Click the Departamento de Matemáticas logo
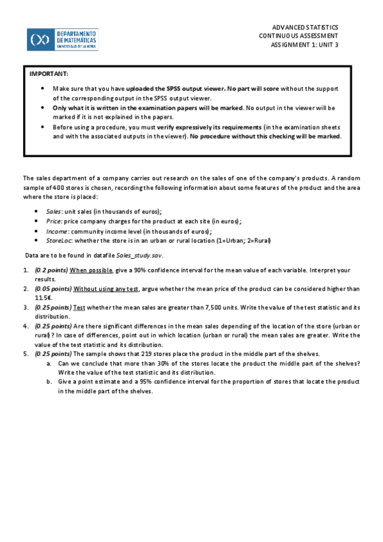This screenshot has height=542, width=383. [x=63, y=39]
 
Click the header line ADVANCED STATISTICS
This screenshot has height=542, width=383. [x=305, y=27]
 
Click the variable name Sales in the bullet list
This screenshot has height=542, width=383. [x=54, y=211]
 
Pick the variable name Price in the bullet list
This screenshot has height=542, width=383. [x=54, y=221]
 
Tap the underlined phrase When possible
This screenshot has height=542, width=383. [x=91, y=270]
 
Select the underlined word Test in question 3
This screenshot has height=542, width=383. [x=80, y=307]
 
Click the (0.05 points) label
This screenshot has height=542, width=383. [x=53, y=289]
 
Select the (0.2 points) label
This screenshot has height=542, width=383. [x=51, y=270]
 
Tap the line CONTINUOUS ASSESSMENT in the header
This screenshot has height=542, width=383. [x=299, y=36]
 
